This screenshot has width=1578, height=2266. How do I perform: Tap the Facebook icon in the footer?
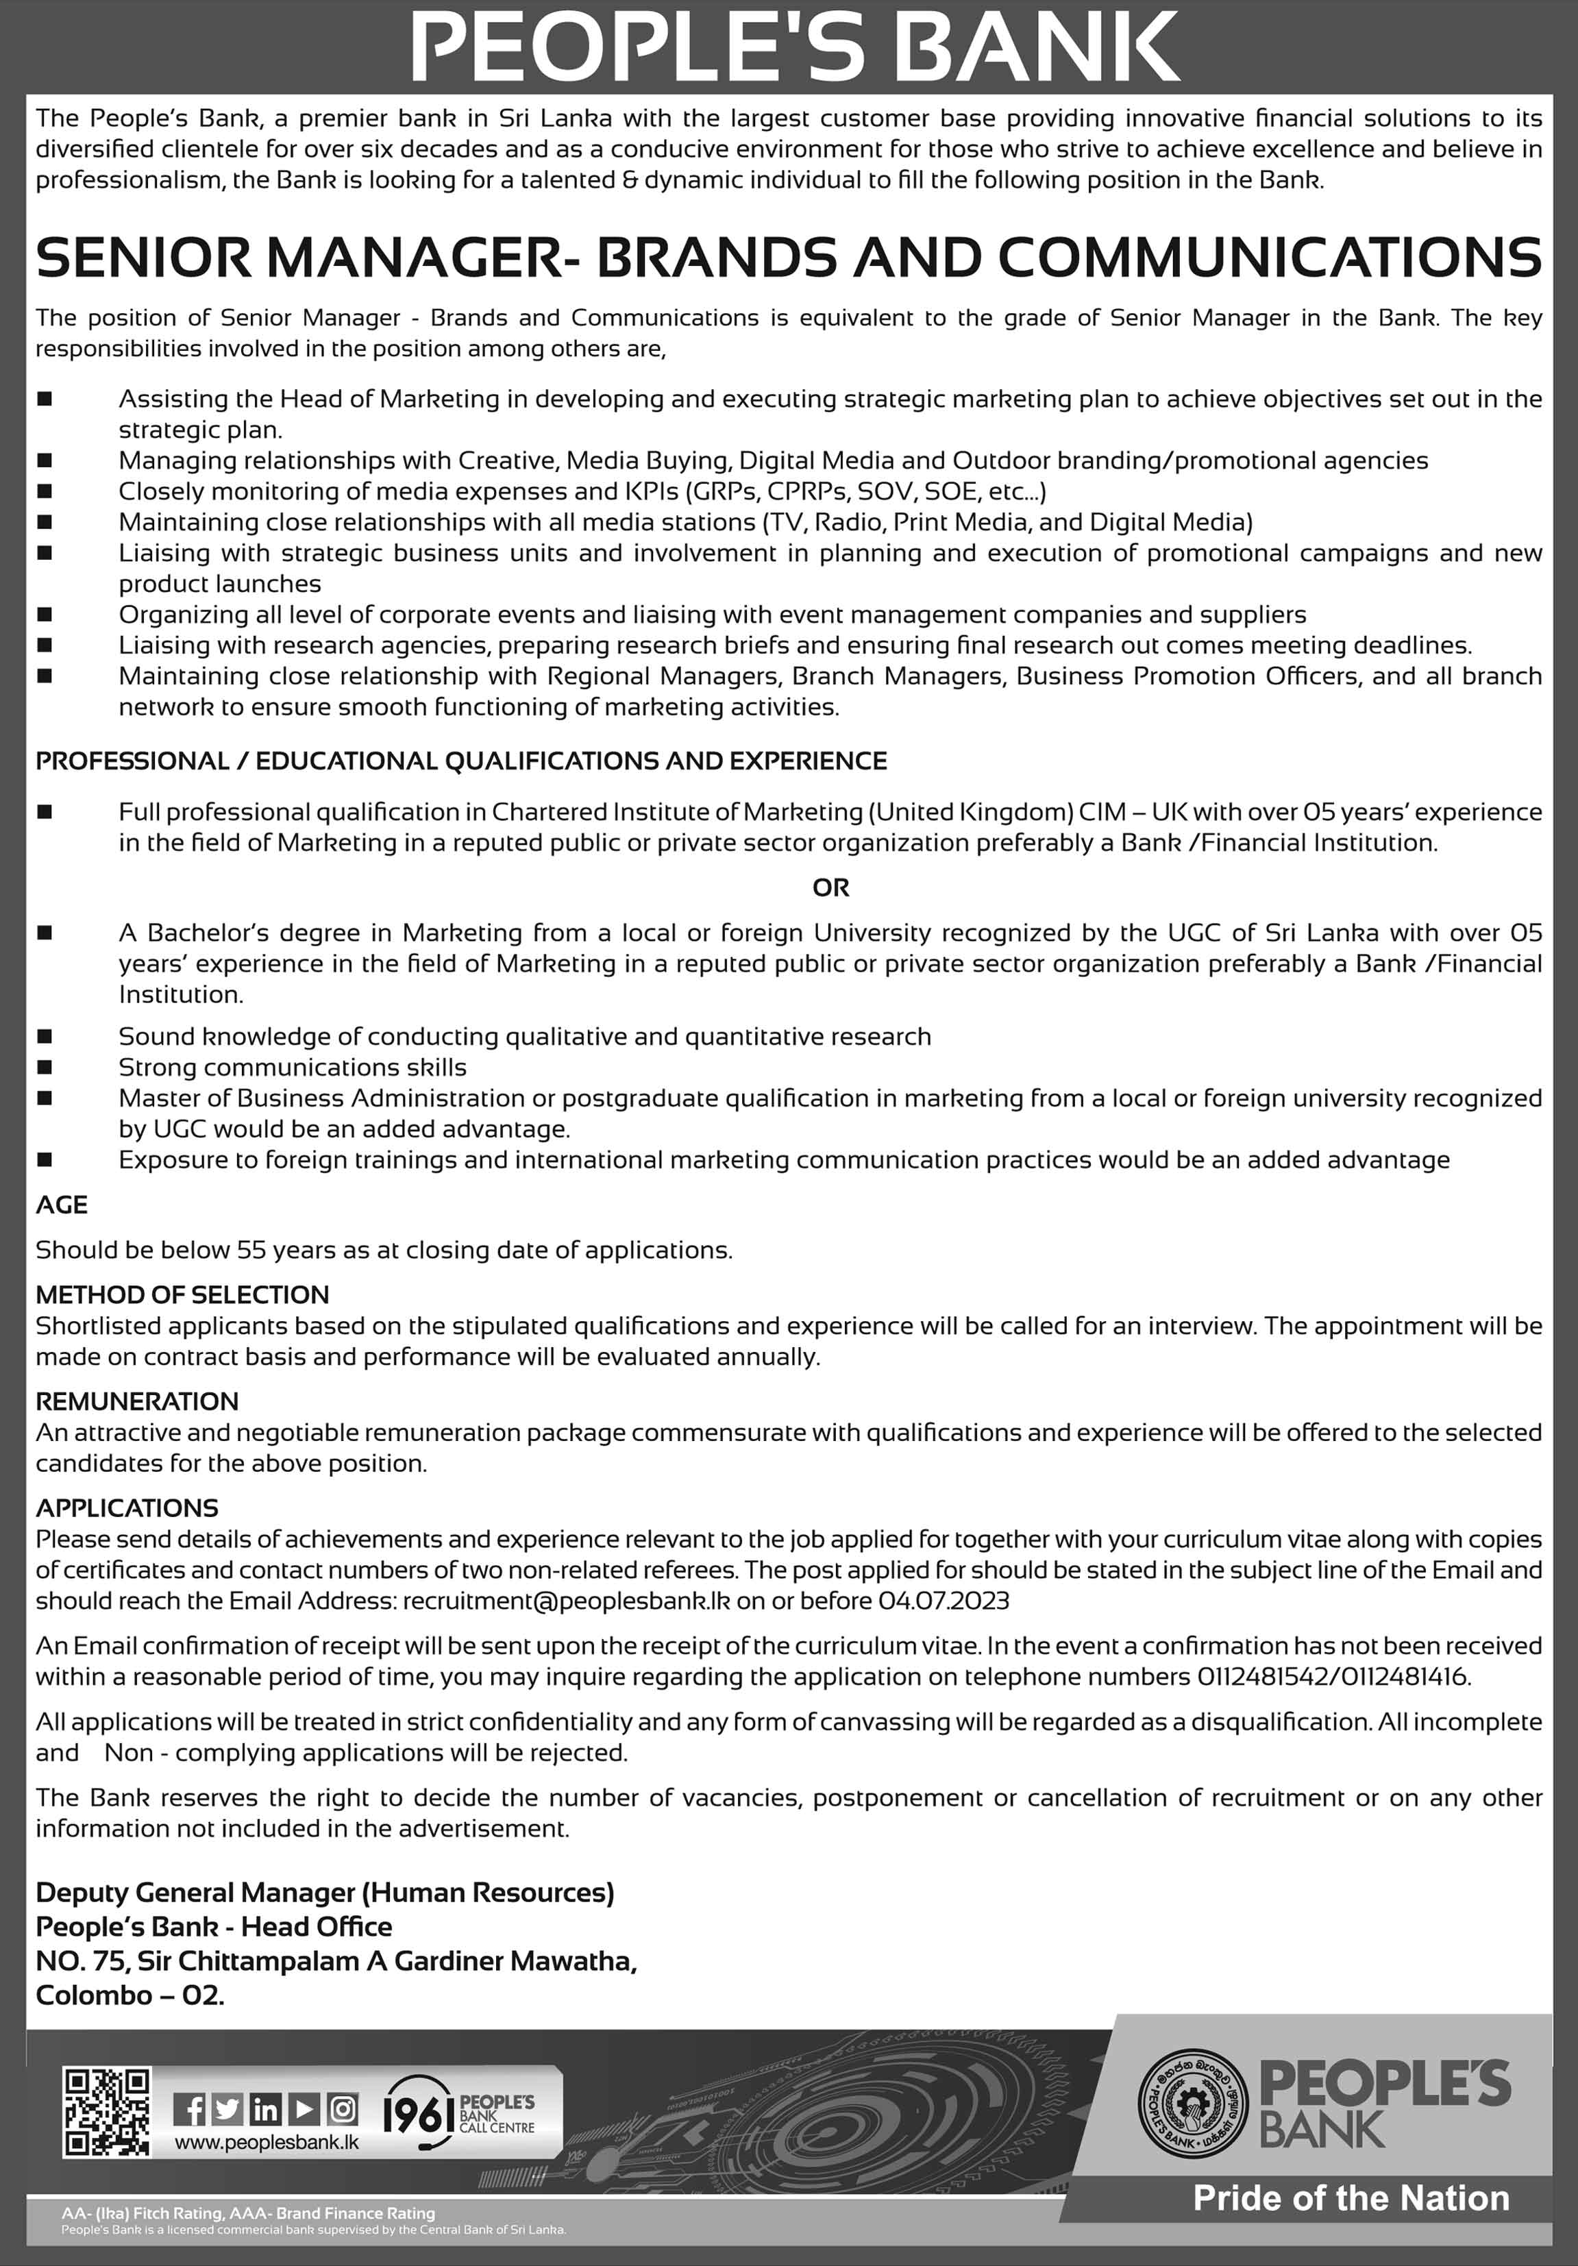point(190,2110)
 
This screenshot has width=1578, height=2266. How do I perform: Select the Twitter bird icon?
point(227,2110)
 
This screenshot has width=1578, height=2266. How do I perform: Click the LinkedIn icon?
point(265,2110)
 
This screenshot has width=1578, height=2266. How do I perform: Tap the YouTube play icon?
point(304,2110)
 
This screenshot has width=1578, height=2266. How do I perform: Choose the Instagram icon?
point(343,2110)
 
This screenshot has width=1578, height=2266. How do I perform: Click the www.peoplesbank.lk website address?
point(267,2142)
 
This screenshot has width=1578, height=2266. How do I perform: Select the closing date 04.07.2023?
point(944,1601)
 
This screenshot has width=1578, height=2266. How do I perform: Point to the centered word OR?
point(830,888)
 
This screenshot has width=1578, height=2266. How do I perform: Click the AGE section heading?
point(62,1205)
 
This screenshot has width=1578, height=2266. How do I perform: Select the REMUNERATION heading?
point(137,1401)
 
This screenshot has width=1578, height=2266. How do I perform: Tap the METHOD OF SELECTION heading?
point(182,1295)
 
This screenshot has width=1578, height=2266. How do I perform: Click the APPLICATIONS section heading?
point(127,1508)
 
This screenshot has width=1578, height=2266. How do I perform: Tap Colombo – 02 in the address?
point(130,1995)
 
